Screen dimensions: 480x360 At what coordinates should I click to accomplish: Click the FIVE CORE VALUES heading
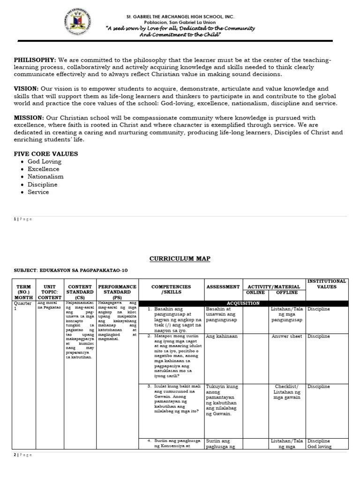click(46, 154)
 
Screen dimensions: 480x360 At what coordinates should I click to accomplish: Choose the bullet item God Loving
click(45, 162)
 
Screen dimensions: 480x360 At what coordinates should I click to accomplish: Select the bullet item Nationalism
click(45, 177)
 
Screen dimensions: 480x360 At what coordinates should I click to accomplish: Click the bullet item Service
click(38, 192)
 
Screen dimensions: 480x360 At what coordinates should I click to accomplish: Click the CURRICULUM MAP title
click(180, 259)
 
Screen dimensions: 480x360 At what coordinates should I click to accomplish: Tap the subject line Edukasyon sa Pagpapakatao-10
click(70, 270)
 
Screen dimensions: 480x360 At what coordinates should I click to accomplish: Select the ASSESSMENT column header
click(223, 286)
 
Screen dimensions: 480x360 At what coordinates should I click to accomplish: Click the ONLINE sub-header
click(255, 292)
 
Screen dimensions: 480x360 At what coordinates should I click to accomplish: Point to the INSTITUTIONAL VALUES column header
click(327, 284)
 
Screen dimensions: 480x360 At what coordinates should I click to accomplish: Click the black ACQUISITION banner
click(243, 303)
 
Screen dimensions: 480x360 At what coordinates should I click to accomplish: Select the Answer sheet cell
click(287, 337)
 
